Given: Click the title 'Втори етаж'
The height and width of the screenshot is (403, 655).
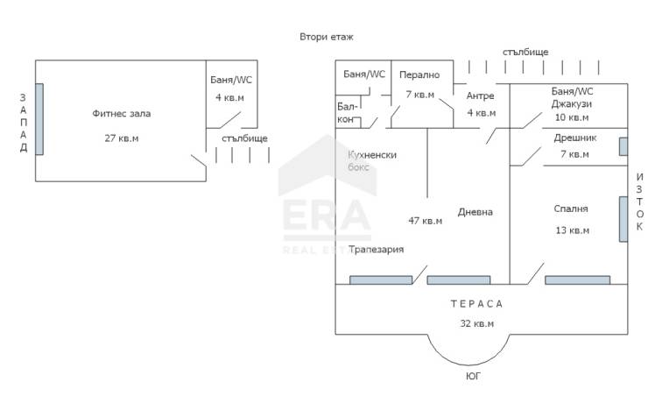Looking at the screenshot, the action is (327, 37).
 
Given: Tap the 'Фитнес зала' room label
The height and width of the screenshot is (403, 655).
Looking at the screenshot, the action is (121, 113).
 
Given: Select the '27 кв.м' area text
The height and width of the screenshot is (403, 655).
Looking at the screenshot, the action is (121, 138).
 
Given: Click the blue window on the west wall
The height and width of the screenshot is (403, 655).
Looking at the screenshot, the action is (39, 119).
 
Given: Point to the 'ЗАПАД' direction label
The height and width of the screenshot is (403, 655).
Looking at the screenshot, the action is (24, 123).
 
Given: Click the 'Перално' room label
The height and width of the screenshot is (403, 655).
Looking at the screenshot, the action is (419, 74).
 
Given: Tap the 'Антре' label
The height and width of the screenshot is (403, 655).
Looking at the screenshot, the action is (481, 95).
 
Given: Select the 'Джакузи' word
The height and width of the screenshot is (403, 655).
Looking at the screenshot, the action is (572, 103).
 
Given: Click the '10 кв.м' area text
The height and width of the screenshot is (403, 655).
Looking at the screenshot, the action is (572, 117).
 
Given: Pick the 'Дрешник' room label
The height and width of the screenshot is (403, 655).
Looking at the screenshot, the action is (574, 138).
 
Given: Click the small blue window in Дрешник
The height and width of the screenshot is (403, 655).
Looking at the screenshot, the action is (623, 146).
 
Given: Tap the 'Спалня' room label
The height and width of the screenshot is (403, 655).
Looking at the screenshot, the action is (571, 209).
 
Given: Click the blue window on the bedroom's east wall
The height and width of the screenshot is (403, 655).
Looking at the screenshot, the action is (623, 219).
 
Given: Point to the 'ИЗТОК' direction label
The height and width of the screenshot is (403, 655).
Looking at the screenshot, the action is (639, 201).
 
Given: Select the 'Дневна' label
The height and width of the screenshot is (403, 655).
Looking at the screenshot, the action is (475, 212).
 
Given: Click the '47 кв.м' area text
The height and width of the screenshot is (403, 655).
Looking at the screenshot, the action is (426, 221).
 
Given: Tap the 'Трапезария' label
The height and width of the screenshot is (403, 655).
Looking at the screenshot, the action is (376, 250).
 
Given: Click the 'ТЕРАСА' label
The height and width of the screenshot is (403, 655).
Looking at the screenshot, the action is (476, 304).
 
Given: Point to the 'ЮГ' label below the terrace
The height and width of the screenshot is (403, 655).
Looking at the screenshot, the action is (473, 376).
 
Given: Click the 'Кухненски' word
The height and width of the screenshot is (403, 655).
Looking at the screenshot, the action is (372, 155).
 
